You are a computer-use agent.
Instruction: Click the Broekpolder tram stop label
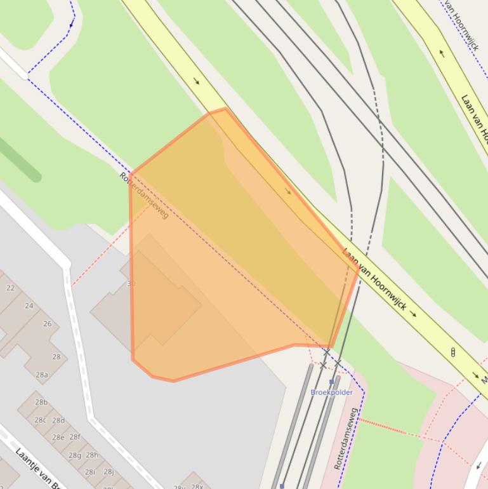coord(331,392)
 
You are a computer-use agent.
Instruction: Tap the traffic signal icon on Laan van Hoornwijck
coord(452,352)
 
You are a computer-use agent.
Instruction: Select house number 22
coord(10,288)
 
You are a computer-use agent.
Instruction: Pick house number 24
coord(29,305)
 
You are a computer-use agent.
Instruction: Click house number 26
coord(47,324)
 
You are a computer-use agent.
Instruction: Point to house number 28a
coord(42,375)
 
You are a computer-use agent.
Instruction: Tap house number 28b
coord(41,402)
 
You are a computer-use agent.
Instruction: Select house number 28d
coord(58,420)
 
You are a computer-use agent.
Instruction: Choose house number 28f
coord(75,437)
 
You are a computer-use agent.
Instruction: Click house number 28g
coord(75,455)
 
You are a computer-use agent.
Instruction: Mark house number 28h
coord(92,455)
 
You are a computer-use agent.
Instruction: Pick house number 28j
coord(109,471)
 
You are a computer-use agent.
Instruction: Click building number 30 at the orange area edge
coord(131,284)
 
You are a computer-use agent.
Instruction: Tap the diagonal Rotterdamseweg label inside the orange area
coord(144,195)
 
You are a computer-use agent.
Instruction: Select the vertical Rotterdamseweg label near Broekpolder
coord(345,438)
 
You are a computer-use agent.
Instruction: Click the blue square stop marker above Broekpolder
coord(331,382)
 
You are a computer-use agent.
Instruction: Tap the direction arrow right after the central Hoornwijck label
coord(414,314)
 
